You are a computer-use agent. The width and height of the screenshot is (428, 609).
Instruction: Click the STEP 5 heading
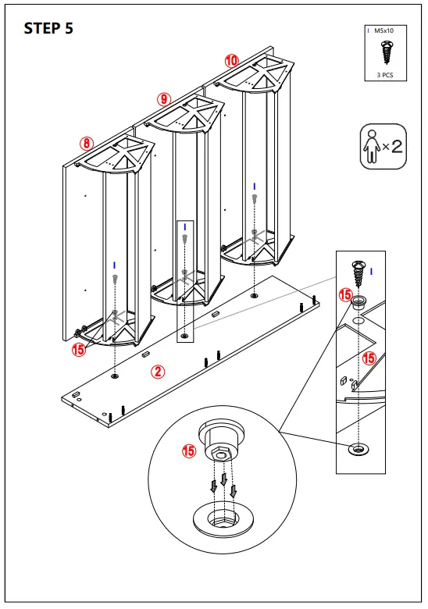[x=48, y=29]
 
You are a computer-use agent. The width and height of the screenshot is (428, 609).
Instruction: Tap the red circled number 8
[x=86, y=143]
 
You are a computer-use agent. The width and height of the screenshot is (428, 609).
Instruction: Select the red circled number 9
[x=162, y=98]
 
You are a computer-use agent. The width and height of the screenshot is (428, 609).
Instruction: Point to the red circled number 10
[x=232, y=60]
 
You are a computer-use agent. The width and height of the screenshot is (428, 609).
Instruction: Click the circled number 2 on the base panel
[x=158, y=372]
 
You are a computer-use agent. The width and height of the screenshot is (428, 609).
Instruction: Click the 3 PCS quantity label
[x=383, y=74]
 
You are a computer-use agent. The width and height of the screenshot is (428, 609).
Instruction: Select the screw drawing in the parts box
[x=383, y=52]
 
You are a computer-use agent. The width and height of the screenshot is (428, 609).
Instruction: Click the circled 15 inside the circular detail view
[x=188, y=451]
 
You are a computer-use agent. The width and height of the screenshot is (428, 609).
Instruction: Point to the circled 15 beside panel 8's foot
[x=78, y=350]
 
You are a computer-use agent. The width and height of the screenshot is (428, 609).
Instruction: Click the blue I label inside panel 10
[x=255, y=185]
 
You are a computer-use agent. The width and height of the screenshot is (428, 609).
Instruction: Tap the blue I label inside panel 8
[x=115, y=265]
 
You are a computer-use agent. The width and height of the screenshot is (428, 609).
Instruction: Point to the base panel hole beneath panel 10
[x=255, y=297]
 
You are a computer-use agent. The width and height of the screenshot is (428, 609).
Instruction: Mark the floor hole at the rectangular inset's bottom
[x=358, y=449]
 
